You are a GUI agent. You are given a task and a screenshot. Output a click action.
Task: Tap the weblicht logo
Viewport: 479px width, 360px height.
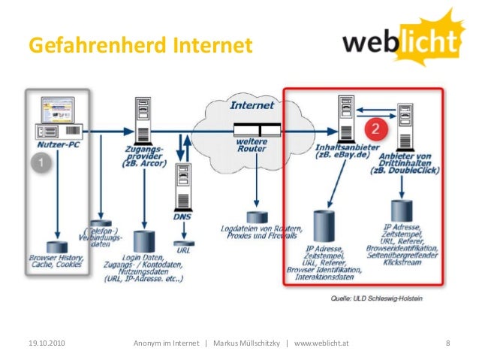[x=402, y=41]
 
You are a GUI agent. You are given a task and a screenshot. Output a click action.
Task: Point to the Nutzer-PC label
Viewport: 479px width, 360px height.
[x=57, y=141]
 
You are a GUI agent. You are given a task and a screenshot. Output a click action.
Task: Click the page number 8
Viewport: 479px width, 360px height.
[x=447, y=343]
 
